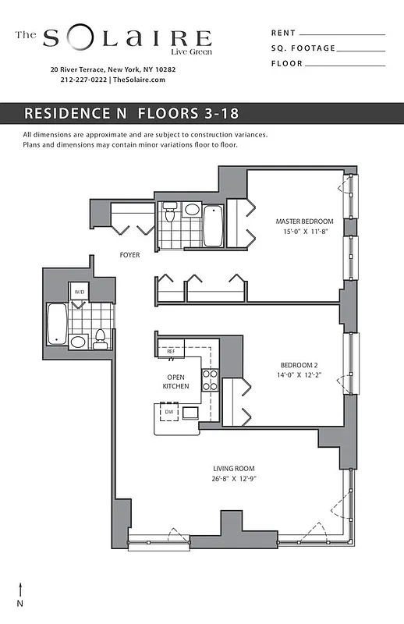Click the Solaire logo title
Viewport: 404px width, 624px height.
(x=125, y=38)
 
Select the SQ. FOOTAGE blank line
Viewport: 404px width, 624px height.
(x=361, y=50)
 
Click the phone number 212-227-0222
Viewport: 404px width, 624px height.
(x=84, y=80)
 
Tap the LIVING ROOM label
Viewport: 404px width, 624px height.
(x=235, y=468)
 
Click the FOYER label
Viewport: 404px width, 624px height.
(x=129, y=255)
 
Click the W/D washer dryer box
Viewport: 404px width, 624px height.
(x=79, y=292)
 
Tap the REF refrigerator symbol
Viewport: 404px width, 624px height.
(x=171, y=351)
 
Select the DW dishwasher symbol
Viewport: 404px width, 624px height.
(x=168, y=412)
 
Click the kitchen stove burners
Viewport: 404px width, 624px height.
(x=210, y=379)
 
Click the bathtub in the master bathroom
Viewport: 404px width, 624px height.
(x=213, y=225)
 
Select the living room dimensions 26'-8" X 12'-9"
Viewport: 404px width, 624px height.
(x=235, y=479)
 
